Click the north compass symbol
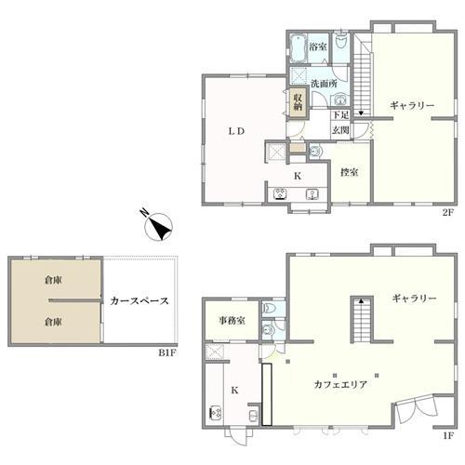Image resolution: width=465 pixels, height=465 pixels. (x=157, y=226)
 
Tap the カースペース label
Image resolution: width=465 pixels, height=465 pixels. (x=139, y=301)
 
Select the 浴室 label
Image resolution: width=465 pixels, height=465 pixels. (x=318, y=47)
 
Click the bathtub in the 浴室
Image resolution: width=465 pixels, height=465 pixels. (x=298, y=48)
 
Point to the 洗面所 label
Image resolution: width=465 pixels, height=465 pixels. (x=324, y=84)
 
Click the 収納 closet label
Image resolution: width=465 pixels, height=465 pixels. (x=299, y=102)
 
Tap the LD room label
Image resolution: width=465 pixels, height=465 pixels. (x=236, y=131)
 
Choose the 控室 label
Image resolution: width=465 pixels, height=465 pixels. (x=350, y=172)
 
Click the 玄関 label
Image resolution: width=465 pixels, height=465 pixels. (x=340, y=130)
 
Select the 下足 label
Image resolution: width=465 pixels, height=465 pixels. (x=340, y=115)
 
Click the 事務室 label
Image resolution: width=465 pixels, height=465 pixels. (x=232, y=321)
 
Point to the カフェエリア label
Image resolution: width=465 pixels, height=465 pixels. (x=340, y=385)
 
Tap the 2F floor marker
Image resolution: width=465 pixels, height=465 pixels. (x=447, y=213)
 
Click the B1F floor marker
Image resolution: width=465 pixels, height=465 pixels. (x=167, y=352)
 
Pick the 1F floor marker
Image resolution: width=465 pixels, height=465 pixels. (x=448, y=436)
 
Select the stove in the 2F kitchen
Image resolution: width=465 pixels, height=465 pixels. (x=281, y=194)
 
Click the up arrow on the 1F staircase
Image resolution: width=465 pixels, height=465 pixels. (x=362, y=300)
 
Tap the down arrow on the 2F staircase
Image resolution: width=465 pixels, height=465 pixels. (x=361, y=113)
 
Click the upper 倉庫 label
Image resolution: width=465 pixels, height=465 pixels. (x=53, y=280)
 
